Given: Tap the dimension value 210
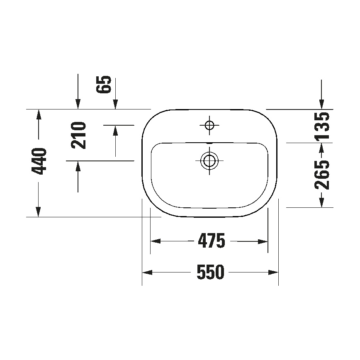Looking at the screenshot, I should click(78, 136).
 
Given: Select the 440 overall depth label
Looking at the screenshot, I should click(39, 161).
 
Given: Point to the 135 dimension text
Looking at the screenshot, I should click(322, 126).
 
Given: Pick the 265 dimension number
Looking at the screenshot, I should click(322, 174).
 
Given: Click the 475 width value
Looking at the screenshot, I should click(211, 241).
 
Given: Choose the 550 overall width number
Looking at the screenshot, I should click(210, 272).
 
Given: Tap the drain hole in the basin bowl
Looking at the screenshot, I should click(209, 160).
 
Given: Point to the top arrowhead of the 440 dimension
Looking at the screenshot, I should click(39, 114).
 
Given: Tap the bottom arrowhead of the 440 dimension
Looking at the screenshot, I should click(39, 212).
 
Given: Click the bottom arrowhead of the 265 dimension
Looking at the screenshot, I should click(321, 202).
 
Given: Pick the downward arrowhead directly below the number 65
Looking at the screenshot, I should click(115, 104).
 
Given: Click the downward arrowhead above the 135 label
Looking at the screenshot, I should click(321, 104).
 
